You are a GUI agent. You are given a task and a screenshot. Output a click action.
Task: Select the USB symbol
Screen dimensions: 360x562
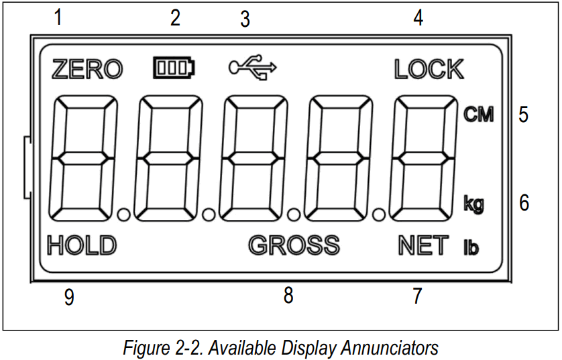[x=252, y=68]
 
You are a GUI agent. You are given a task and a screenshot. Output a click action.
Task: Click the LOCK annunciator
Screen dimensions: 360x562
[x=429, y=69]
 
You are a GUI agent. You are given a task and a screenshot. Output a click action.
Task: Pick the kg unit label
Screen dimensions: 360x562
[x=473, y=204]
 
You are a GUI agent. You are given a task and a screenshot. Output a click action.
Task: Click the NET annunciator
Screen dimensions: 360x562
[x=423, y=246]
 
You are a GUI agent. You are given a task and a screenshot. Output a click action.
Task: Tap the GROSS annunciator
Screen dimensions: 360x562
[x=294, y=246]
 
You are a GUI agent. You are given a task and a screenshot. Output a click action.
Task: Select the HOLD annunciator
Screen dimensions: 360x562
[x=82, y=246]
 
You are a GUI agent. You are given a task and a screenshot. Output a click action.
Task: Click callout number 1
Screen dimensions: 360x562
[x=58, y=17]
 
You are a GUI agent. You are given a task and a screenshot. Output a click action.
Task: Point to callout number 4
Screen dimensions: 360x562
[x=418, y=18]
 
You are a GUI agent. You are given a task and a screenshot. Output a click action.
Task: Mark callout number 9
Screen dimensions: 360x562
[x=68, y=297]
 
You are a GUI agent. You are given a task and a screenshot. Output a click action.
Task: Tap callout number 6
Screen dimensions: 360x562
[x=524, y=202]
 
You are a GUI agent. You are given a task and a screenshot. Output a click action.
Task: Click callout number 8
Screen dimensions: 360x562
[x=288, y=295]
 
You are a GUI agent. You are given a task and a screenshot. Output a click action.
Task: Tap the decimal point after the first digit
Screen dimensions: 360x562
[x=123, y=215]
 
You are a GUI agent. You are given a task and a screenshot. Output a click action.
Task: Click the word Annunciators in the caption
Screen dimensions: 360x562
[x=390, y=348]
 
